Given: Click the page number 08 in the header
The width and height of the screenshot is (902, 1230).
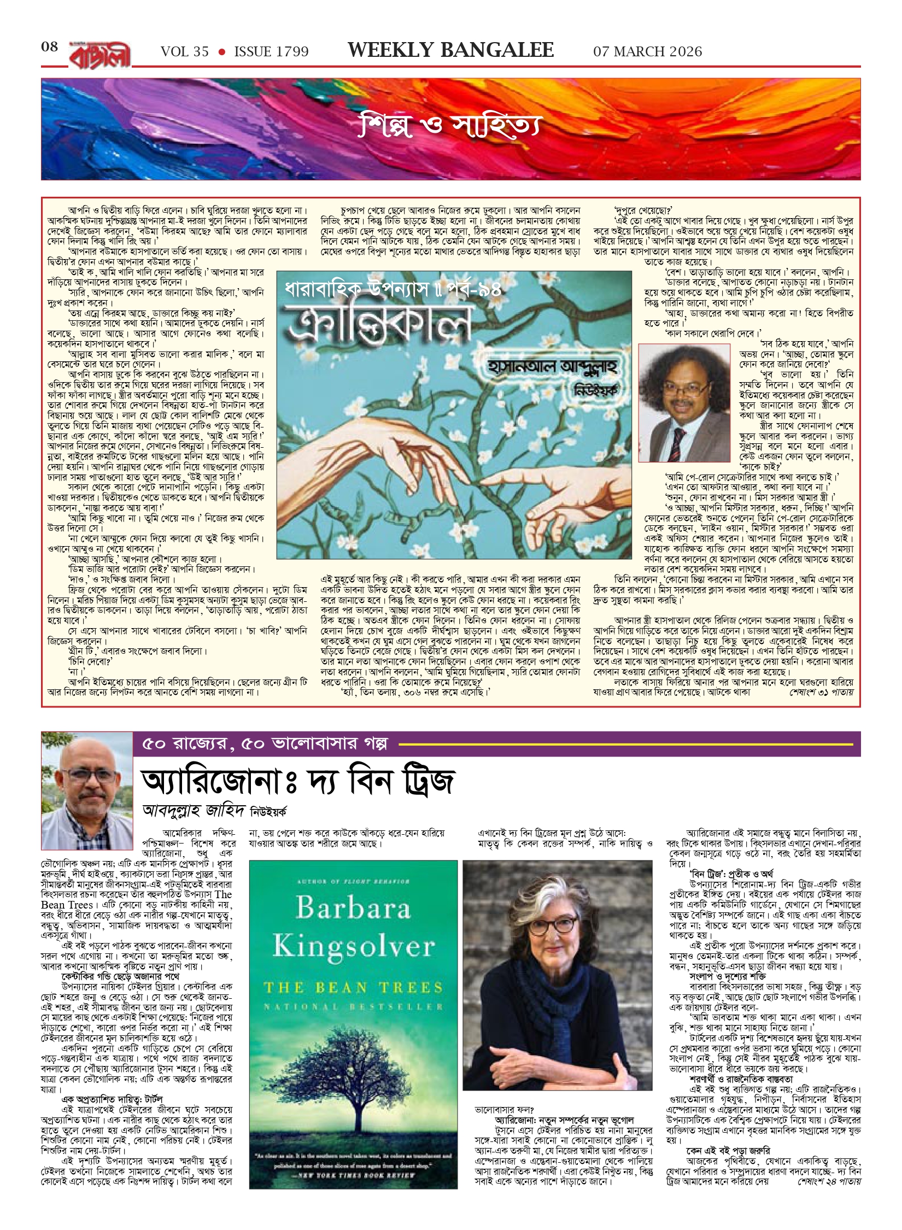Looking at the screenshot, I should click(50, 47).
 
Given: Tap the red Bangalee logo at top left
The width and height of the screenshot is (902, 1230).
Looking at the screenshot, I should click(100, 55).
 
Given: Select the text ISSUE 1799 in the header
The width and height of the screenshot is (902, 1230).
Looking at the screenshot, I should click(271, 52).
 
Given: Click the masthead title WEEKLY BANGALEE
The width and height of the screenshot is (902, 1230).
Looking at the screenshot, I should click(450, 50).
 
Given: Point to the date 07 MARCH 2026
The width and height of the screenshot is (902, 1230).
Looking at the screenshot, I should click(647, 52).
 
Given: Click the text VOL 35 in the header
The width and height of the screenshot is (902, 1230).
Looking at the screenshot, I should click(185, 52).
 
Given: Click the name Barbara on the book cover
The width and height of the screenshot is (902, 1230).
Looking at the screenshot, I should click(353, 908).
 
